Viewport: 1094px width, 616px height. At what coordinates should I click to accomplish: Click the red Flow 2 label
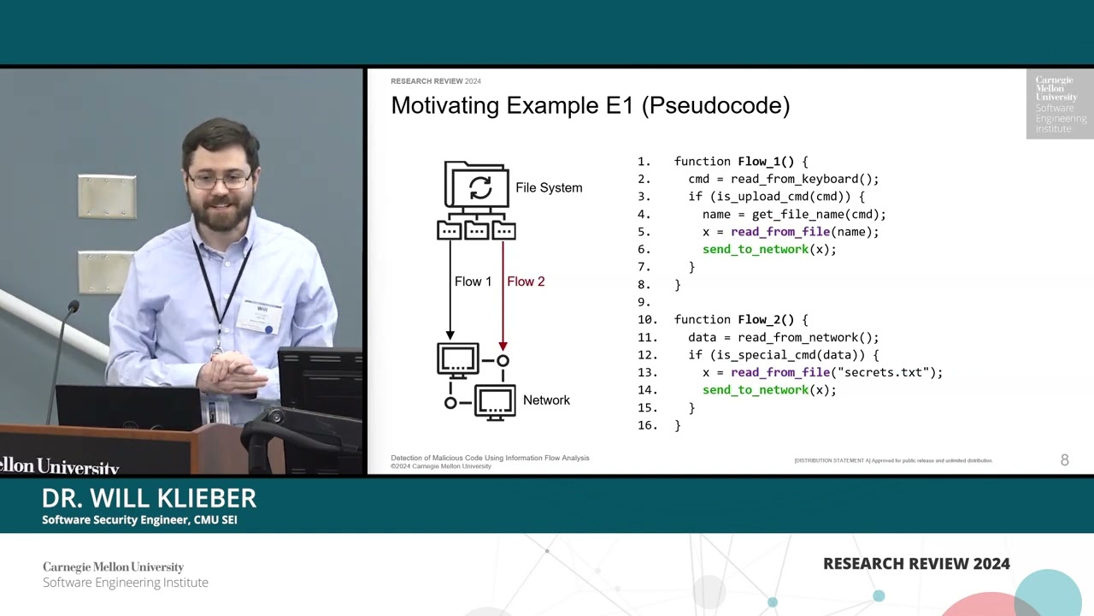[x=526, y=281]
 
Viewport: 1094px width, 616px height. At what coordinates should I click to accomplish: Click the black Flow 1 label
[x=473, y=281]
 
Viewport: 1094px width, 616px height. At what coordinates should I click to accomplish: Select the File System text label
[x=549, y=188]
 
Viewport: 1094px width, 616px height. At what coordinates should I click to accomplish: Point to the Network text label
[x=546, y=400]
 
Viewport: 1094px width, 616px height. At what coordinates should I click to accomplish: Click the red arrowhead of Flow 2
[x=503, y=346]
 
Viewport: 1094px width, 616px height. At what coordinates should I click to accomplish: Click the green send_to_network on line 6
[x=755, y=250]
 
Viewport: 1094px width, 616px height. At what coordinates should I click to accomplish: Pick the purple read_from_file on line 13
[x=780, y=373]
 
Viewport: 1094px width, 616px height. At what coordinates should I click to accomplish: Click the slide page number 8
[x=1064, y=460]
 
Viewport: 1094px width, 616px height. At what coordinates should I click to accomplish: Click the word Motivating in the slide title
[x=444, y=106]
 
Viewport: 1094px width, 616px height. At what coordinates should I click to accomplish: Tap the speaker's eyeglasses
[x=220, y=180]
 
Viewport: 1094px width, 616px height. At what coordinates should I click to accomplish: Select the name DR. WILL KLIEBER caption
[x=149, y=498]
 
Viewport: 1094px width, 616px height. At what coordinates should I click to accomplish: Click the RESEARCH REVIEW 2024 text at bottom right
[x=916, y=564]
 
